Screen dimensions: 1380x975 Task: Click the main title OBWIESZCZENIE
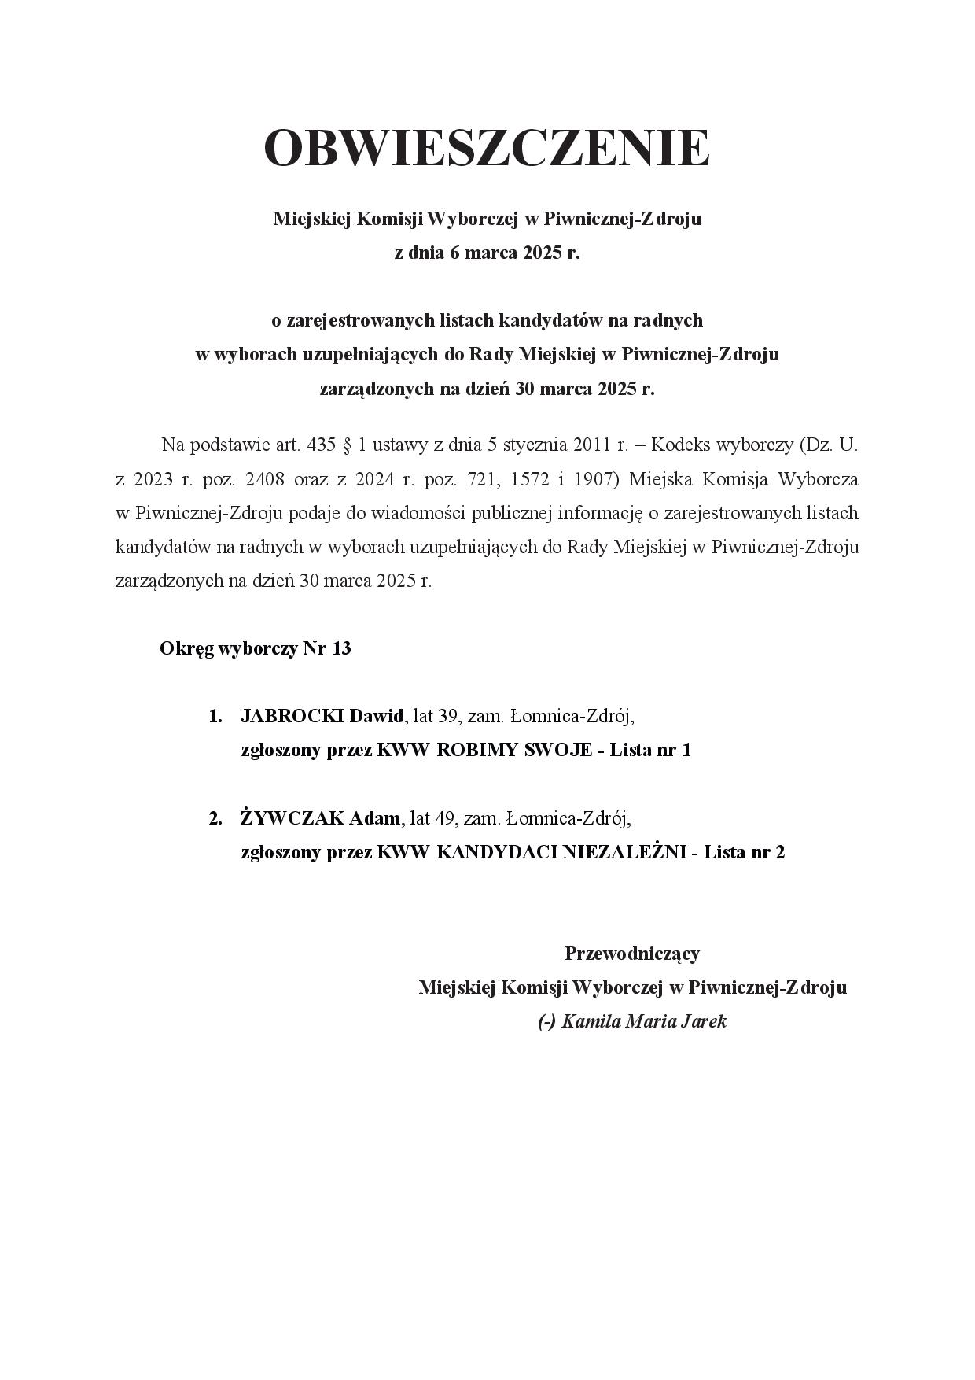click(x=487, y=148)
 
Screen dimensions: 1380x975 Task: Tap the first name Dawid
click(x=376, y=716)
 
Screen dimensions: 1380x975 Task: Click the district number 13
click(x=341, y=649)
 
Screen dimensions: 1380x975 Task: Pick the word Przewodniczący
click(x=631, y=954)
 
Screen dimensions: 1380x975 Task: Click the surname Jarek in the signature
click(x=705, y=1022)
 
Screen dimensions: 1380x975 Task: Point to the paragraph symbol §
click(x=347, y=445)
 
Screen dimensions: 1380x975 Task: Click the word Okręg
click(x=186, y=650)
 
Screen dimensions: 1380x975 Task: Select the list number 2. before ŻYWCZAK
click(x=215, y=818)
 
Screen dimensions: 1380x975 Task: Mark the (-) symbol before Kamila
click(x=546, y=1022)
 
